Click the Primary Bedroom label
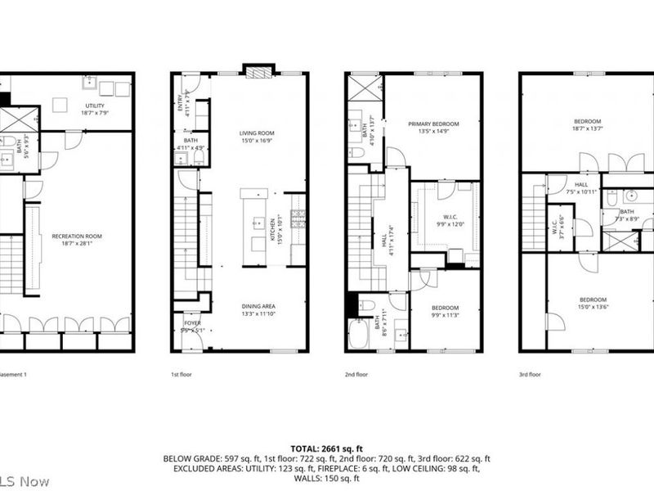click(x=433, y=127)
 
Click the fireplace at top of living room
click(x=258, y=71)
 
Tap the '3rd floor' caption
click(x=530, y=374)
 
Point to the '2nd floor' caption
click(x=356, y=374)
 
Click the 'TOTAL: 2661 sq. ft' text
click(x=327, y=448)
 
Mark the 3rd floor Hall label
click(x=581, y=188)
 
